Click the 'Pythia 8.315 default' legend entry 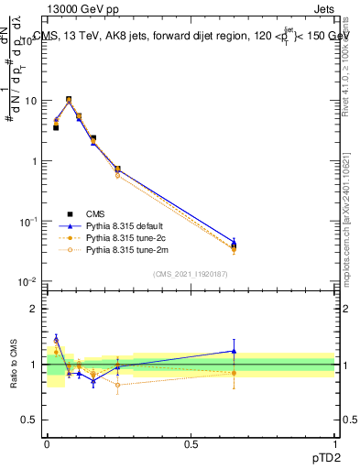(126, 224)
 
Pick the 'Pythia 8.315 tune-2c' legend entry (126, 236)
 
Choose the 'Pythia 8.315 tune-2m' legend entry (126, 248)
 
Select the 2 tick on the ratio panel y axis (34, 309)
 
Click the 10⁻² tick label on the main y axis (28, 281)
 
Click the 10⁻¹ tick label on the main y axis (28, 222)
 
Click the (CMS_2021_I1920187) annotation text (191, 272)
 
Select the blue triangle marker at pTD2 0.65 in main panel (234, 243)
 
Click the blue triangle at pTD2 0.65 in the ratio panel (234, 350)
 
